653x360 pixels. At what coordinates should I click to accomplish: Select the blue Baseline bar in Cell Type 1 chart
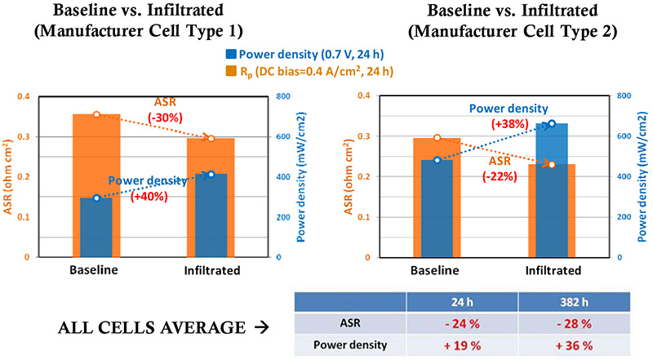96,227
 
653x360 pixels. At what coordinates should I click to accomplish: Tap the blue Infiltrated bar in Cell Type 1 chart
211,215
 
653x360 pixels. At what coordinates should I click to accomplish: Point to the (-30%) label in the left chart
173,114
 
